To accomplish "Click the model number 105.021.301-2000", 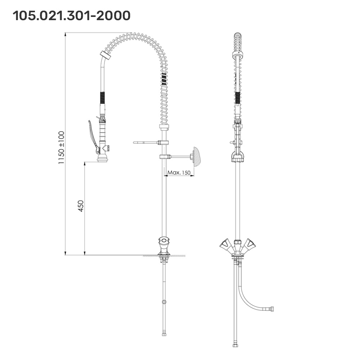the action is click(71, 16).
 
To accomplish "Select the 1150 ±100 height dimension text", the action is click(61, 147).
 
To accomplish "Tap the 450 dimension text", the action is click(81, 206).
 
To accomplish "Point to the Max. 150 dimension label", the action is click(179, 172).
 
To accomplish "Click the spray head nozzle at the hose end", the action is click(103, 158).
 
